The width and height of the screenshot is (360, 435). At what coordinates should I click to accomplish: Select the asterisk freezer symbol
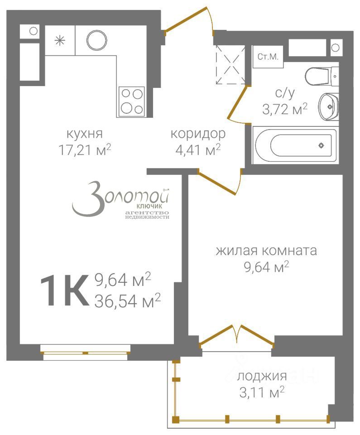[x=59, y=40]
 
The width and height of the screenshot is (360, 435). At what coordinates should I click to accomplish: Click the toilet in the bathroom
[x=322, y=76]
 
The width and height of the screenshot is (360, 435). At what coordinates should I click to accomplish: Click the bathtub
[x=296, y=145]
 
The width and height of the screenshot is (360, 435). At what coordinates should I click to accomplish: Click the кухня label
[x=85, y=134]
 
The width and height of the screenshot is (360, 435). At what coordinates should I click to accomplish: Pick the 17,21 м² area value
[x=85, y=150]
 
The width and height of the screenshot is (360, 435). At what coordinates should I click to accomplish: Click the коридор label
[x=198, y=134]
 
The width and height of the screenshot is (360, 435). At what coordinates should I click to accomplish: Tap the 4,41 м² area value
[x=198, y=150]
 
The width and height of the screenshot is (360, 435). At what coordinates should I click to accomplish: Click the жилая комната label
[x=266, y=251]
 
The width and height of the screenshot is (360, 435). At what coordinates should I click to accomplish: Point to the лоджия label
[x=262, y=376]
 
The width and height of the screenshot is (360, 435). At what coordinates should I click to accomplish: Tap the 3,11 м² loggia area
[x=262, y=391]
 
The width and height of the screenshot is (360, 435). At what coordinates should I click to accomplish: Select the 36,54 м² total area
[x=128, y=300]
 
